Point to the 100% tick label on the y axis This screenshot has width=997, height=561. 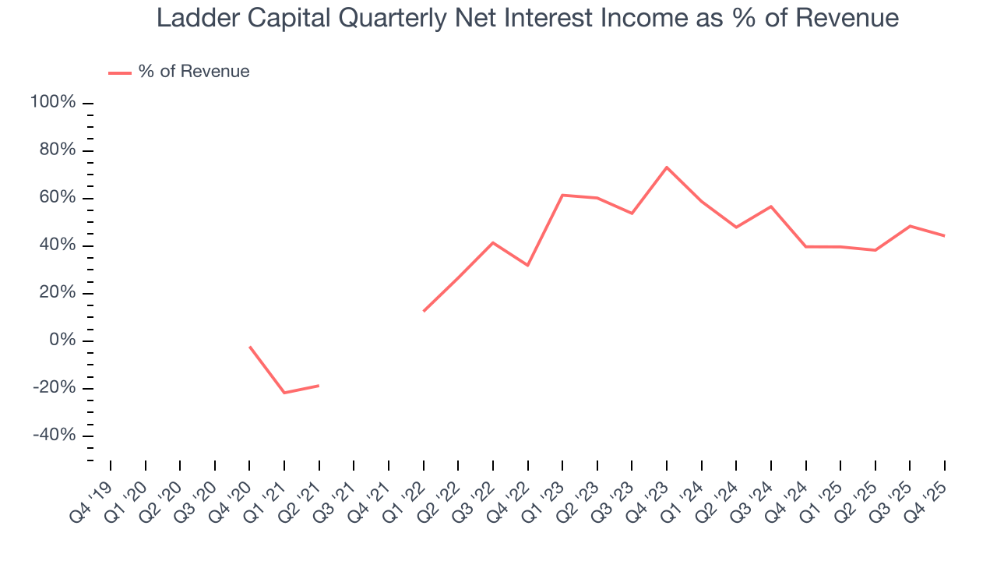pos(53,103)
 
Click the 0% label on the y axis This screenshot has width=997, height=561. pos(62,340)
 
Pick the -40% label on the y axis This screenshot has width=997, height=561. pos(54,436)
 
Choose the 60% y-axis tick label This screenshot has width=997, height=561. pos(57,198)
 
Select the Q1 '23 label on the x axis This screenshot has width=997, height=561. pos(545,496)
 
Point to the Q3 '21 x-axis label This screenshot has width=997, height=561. pos(336,496)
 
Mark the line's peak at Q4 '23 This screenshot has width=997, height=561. pos(667,167)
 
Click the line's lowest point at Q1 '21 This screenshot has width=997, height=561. pos(284,393)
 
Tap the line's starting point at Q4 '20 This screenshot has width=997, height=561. pos(249,347)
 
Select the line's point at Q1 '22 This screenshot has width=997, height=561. pos(424,311)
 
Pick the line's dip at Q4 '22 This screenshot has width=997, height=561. pos(528,266)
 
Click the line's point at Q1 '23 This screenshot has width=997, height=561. pos(562,195)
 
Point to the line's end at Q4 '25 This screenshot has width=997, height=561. pos(945,236)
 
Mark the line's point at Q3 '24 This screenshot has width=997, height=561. pos(771,206)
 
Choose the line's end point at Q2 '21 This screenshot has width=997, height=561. pos(319,386)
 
